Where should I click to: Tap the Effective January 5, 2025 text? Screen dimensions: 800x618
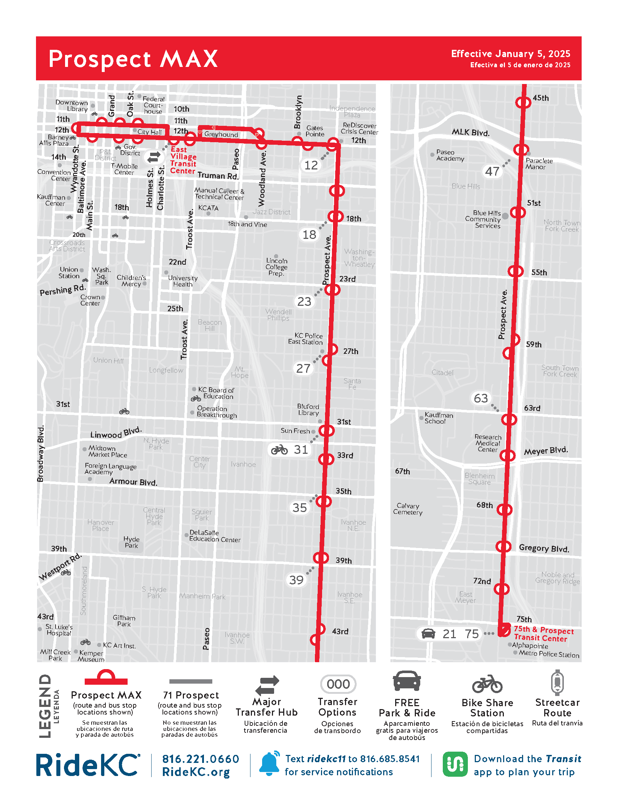(x=510, y=54)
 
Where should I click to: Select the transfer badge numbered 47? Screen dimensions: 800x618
(x=492, y=171)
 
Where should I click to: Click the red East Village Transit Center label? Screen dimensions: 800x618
(x=183, y=160)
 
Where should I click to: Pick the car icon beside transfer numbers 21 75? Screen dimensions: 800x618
(x=428, y=634)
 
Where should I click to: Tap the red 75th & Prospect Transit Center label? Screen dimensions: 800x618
(x=543, y=634)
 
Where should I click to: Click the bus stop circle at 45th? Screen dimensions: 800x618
(x=523, y=102)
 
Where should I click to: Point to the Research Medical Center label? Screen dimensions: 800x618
(x=487, y=443)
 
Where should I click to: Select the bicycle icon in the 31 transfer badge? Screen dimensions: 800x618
(x=280, y=449)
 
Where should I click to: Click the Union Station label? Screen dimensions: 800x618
(x=69, y=272)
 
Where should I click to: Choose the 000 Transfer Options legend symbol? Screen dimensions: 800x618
(x=338, y=684)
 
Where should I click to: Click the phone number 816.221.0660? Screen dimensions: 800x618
(x=201, y=759)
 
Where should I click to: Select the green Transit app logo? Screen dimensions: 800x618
(x=455, y=764)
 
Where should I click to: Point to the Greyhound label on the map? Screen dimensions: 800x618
(x=221, y=135)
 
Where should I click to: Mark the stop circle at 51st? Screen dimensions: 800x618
(x=518, y=212)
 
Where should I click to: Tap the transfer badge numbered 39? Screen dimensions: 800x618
(x=296, y=580)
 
